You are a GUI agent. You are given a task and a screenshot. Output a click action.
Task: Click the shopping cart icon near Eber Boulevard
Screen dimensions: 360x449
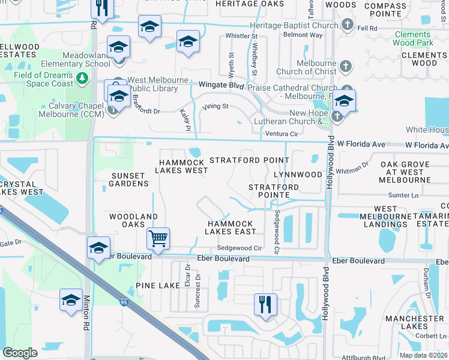pos(158,238)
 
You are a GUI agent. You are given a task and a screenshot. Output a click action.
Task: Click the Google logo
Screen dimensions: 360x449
pos(20,353)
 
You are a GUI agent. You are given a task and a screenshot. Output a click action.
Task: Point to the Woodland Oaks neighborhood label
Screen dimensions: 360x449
pos(133,220)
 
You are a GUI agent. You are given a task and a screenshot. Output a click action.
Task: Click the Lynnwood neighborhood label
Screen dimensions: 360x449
pos(298,175)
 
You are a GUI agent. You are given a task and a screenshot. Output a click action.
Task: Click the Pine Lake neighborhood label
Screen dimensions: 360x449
pos(157,286)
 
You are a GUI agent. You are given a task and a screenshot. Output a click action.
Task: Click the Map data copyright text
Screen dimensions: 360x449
pos(423,355)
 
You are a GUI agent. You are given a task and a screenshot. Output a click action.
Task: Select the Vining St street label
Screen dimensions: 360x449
pos(215,107)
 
